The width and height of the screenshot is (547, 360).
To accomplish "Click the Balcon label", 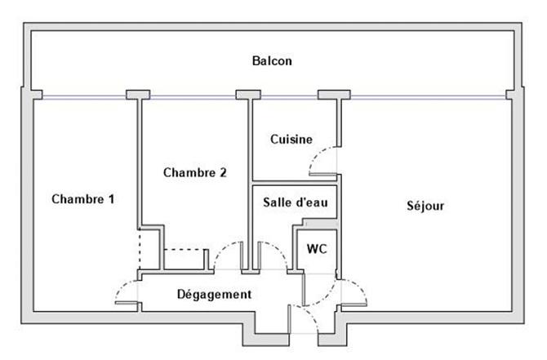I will click(272, 60).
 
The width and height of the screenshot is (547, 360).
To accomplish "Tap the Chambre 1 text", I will click(82, 199).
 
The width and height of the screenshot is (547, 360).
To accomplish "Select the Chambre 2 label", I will click(194, 172).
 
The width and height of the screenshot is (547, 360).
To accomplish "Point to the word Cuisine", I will click(291, 140).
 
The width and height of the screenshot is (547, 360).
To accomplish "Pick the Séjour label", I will click(425, 206).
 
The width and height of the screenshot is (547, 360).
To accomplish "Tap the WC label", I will click(317, 249).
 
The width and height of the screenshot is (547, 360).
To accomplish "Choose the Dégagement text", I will click(214, 294).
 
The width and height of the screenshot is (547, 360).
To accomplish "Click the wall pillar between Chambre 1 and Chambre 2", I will click(138, 94).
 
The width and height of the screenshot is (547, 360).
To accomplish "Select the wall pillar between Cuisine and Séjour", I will click(333, 94).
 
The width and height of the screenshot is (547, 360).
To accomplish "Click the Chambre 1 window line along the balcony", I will click(82, 96).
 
